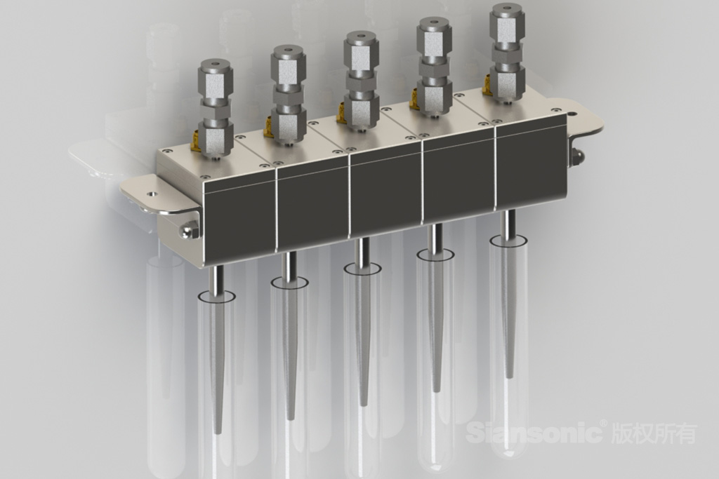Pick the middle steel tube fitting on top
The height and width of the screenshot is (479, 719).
(362, 79)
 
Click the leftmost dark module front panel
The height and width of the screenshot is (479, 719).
(239, 220)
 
